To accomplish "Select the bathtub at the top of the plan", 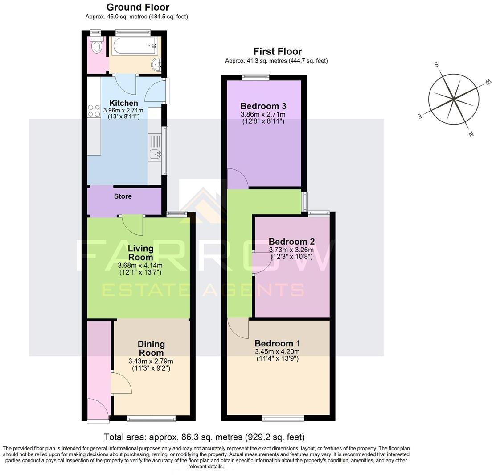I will (x=135, y=45).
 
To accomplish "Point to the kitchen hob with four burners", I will (x=94, y=111).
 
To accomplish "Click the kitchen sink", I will (x=155, y=154).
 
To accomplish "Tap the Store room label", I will (x=123, y=196).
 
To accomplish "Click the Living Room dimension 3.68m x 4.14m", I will (x=139, y=265).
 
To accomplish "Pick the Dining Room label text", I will (x=151, y=348).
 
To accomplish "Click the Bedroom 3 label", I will (x=263, y=106).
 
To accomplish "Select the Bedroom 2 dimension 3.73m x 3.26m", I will (x=291, y=250).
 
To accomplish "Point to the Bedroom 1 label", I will (x=277, y=343).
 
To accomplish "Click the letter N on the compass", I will (x=471, y=134).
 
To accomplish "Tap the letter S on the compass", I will (x=436, y=65).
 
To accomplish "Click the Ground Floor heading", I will (x=138, y=7).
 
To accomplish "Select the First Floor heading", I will (x=277, y=51).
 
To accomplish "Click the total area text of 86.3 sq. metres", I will (x=204, y=437).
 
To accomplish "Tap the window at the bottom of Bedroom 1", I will (x=283, y=418).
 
